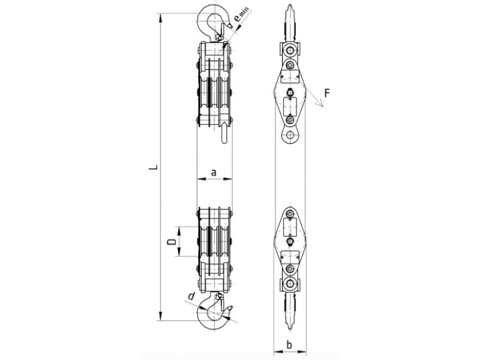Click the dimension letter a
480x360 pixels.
pos(214,172)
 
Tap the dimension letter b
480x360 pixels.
pos(289,344)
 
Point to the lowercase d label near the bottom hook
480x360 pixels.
pos(191,296)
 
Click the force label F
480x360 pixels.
pos(327,93)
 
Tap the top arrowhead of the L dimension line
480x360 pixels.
pos(160,18)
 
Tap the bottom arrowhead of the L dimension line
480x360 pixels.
pos(160,316)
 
